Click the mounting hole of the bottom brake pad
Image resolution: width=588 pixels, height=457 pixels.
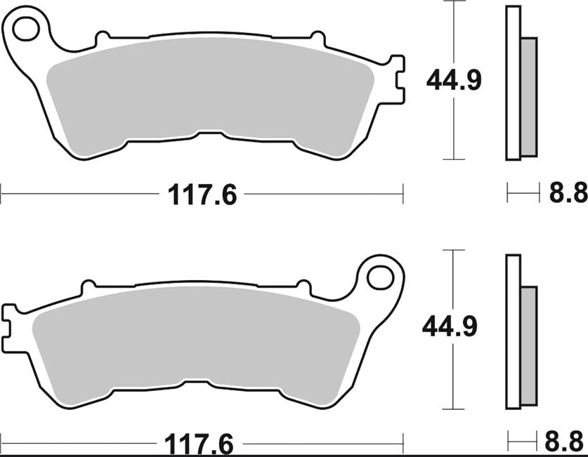coord(380,277)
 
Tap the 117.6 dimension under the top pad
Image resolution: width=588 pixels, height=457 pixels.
coord(202,194)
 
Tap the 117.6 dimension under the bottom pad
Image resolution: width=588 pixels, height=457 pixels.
coord(198,444)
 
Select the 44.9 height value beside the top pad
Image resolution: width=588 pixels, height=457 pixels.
coord(454,81)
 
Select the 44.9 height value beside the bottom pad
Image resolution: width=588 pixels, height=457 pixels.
coord(449,326)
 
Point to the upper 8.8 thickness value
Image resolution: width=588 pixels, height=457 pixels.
coord(568,193)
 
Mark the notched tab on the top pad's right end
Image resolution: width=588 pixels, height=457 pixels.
coord(398,81)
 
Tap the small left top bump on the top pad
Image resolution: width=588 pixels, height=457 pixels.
coord(103,36)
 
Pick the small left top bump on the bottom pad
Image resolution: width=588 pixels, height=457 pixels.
coord(89,286)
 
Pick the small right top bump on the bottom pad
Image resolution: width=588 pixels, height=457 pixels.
coord(303,286)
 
